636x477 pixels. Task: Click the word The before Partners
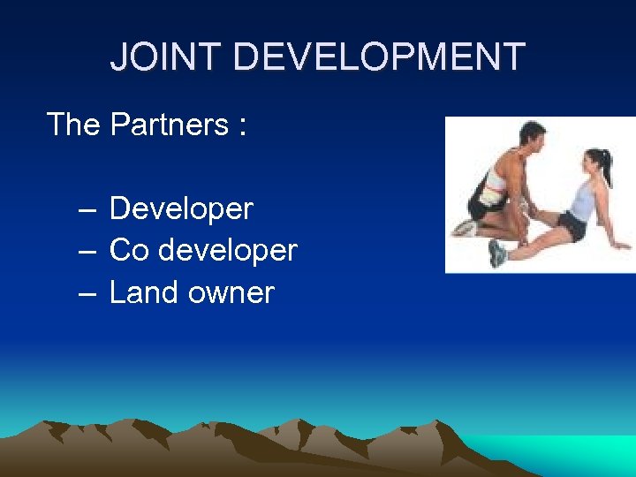(x=73, y=125)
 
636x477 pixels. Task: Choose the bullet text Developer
(x=181, y=209)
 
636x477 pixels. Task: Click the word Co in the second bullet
(x=129, y=251)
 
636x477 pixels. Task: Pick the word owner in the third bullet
(x=231, y=292)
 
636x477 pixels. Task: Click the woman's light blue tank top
(x=583, y=200)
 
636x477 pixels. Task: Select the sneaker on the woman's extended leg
(x=497, y=254)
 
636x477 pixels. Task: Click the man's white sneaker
(x=463, y=228)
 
